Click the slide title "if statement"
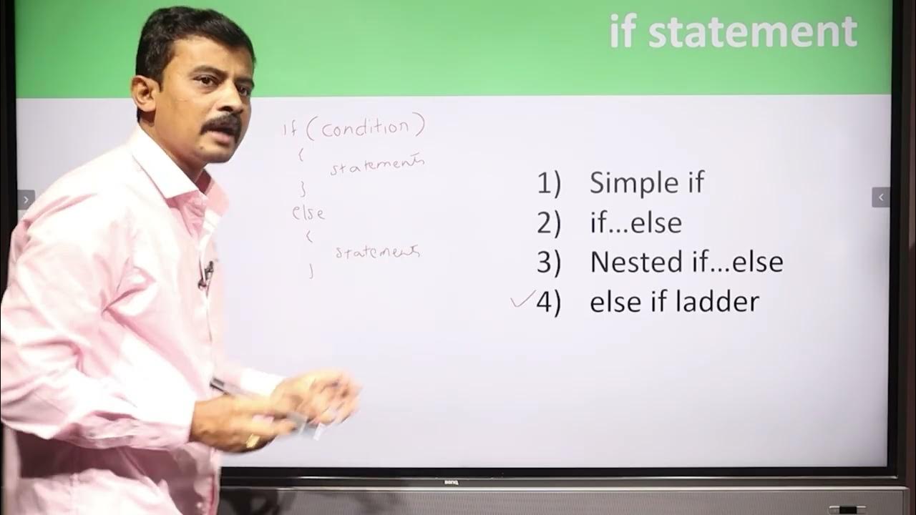[x=733, y=32]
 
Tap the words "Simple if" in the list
[x=646, y=183]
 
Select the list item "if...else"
[x=635, y=223]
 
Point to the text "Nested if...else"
[x=686, y=263]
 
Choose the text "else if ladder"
[x=673, y=302]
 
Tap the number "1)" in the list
[x=549, y=184]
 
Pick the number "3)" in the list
[x=549, y=263]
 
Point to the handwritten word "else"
[x=308, y=212]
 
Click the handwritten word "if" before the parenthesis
[x=291, y=129]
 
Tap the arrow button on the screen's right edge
[x=881, y=197]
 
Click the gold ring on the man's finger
[x=253, y=441]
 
